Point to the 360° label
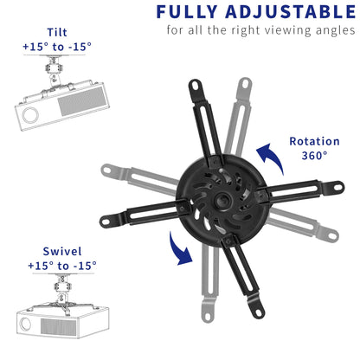(x=314, y=156)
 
